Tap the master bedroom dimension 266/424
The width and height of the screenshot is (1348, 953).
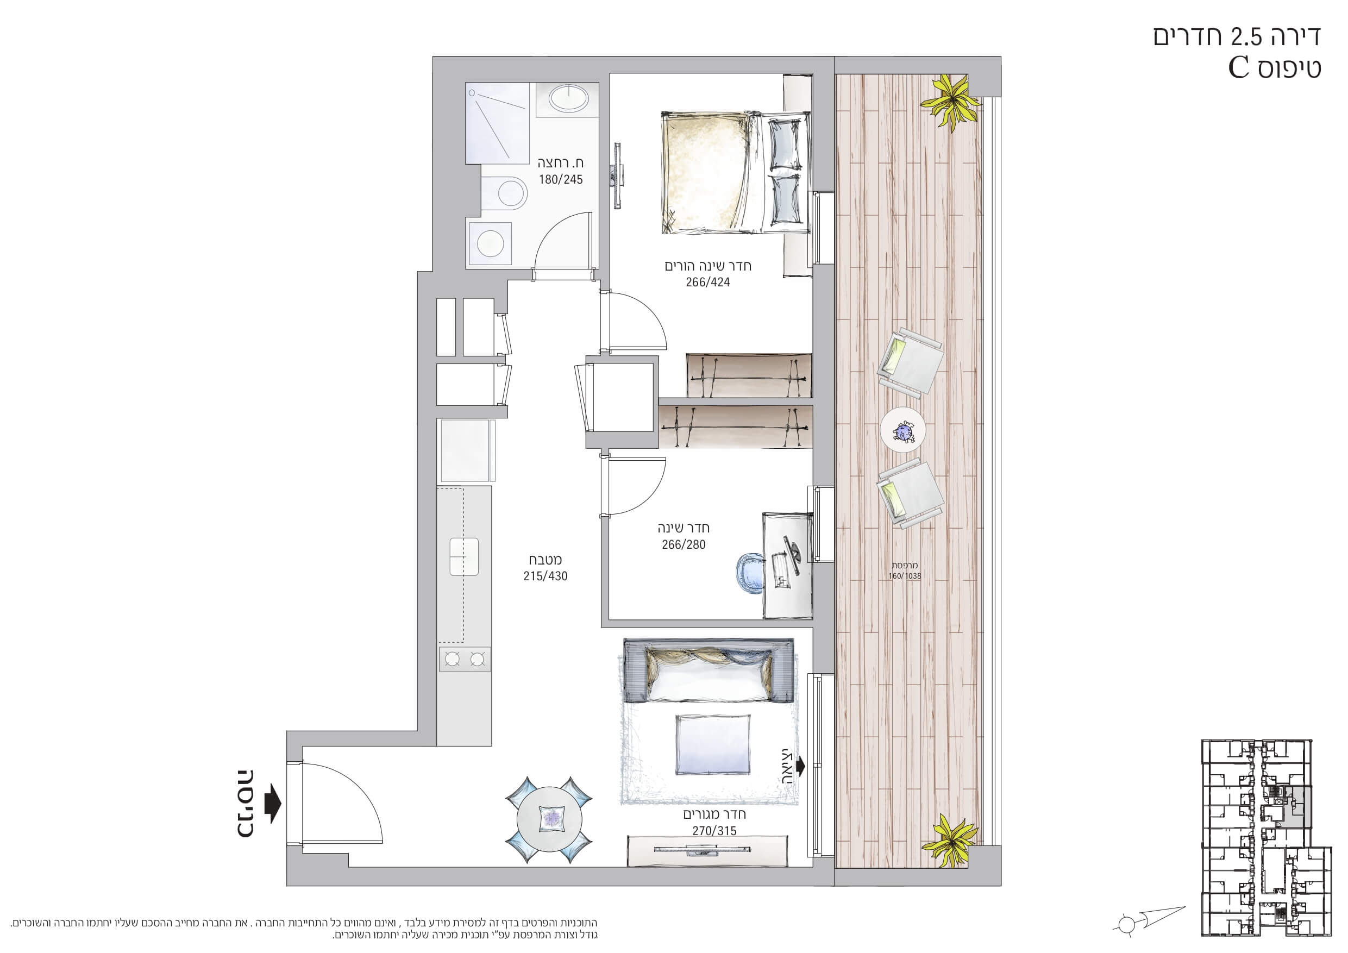click(x=708, y=283)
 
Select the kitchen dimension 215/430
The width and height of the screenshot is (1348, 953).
click(x=546, y=576)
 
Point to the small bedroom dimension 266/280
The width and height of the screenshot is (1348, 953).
click(x=684, y=544)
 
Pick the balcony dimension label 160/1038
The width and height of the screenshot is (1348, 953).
click(x=905, y=576)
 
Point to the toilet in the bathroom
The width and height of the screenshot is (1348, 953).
click(x=505, y=191)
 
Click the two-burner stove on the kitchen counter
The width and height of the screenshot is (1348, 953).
click(x=464, y=660)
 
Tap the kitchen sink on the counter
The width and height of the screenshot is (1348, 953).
click(x=464, y=556)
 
